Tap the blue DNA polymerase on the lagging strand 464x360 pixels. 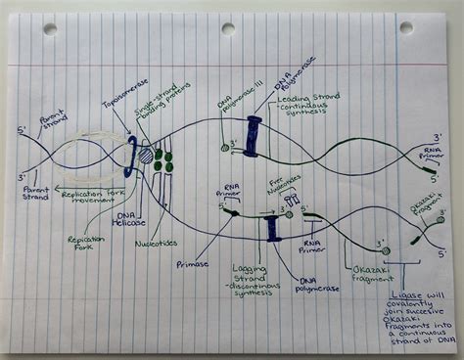click(273, 228)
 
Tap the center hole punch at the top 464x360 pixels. click(228, 29)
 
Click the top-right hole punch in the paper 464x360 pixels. click(405, 27)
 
